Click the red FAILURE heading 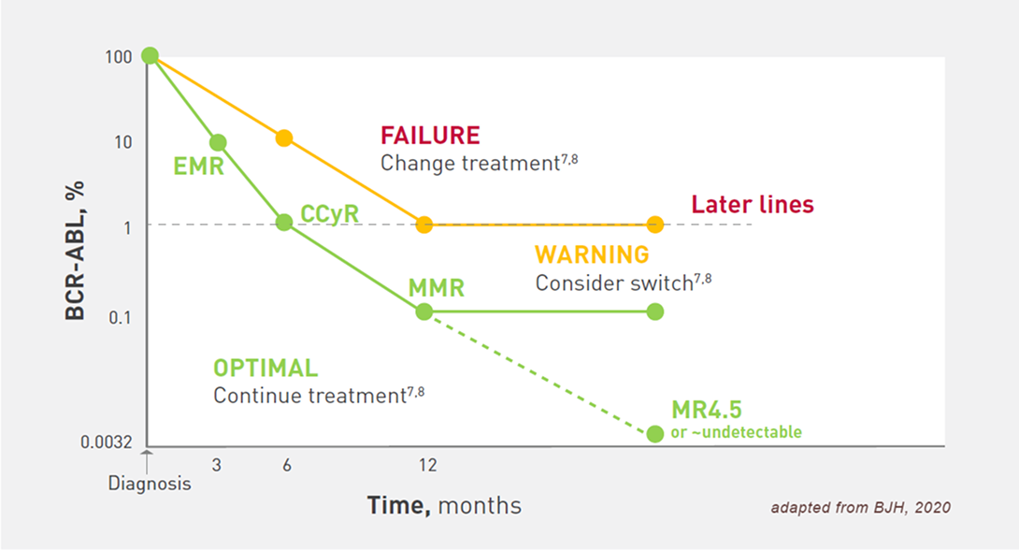[430, 136]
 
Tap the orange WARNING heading [592, 254]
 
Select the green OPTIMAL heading [266, 369]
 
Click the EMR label [198, 167]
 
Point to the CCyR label [329, 214]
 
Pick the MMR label [436, 288]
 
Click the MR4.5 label [707, 410]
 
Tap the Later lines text [753, 204]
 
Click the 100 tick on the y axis [119, 57]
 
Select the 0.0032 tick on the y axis [106, 442]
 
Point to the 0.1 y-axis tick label [120, 317]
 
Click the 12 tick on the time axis [427, 465]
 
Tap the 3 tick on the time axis [216, 465]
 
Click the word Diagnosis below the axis [150, 484]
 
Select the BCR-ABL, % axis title [76, 251]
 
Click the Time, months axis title [444, 505]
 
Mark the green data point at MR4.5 [655, 433]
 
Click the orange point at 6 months [284, 138]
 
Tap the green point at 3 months [219, 142]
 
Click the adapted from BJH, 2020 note [860, 507]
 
